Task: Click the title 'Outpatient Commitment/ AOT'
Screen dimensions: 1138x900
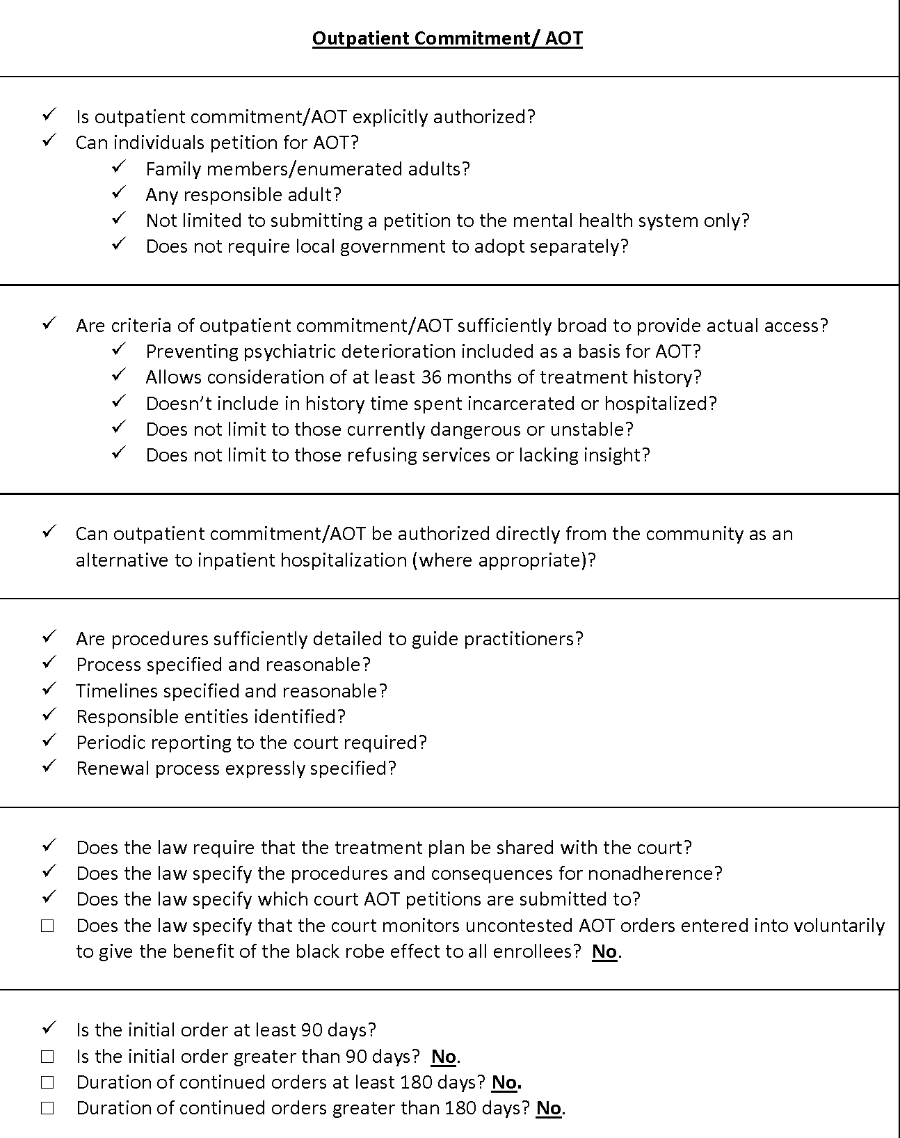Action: tap(447, 38)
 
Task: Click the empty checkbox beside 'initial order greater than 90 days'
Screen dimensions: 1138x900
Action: tap(47, 1057)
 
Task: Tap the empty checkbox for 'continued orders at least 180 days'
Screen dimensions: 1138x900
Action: tap(47, 1082)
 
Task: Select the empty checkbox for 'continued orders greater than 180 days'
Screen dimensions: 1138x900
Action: tap(47, 1108)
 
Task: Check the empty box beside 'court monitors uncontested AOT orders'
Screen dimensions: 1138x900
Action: tap(47, 926)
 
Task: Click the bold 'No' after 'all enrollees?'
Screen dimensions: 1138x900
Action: tap(604, 951)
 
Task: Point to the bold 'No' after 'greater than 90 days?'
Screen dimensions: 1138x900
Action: tap(444, 1057)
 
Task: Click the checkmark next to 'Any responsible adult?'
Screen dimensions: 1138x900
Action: tap(118, 193)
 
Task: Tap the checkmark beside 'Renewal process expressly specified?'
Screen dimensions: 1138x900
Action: tap(49, 767)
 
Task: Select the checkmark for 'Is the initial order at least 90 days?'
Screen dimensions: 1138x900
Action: tap(49, 1029)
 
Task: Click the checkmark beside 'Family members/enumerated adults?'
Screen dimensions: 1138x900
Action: tap(118, 168)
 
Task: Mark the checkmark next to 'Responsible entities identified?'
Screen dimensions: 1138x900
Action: tap(49, 716)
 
